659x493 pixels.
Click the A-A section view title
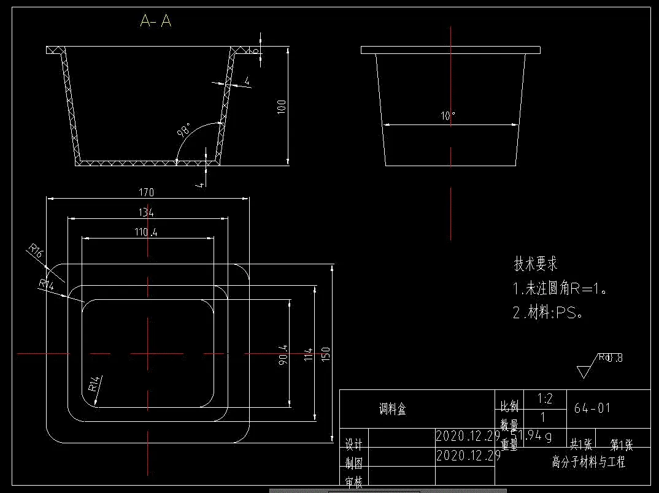click(155, 21)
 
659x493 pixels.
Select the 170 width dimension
click(146, 193)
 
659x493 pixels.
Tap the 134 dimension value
click(146, 213)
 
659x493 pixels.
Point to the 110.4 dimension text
click(146, 232)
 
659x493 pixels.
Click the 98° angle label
click(184, 130)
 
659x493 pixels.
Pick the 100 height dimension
click(282, 106)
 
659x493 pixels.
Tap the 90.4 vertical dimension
click(283, 356)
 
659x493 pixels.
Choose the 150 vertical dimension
click(326, 354)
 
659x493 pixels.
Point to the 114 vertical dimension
click(309, 354)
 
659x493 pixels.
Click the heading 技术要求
click(536, 264)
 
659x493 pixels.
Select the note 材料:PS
click(547, 313)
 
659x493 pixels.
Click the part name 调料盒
click(393, 409)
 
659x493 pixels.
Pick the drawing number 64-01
click(592, 408)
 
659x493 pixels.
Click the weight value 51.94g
click(536, 437)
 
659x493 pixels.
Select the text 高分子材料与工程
click(588, 462)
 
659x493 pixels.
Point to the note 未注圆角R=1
click(560, 289)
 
